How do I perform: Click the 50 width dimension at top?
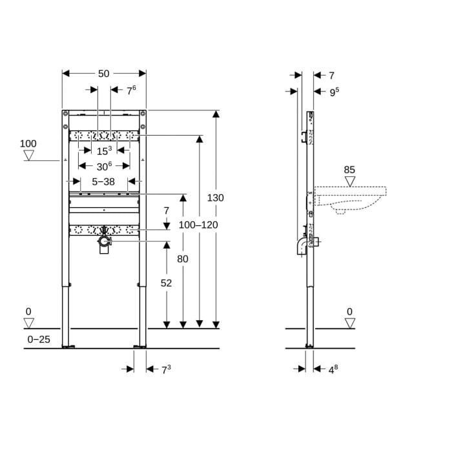click(x=103, y=74)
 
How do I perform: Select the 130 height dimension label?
click(x=216, y=198)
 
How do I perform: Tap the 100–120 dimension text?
click(x=199, y=225)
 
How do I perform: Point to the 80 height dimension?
click(x=183, y=258)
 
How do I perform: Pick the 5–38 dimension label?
click(x=103, y=182)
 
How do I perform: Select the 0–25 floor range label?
click(x=39, y=338)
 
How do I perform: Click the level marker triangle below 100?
click(x=28, y=155)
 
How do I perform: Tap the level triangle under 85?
click(x=349, y=181)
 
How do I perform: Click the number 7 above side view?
click(x=331, y=76)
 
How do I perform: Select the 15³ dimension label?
click(x=104, y=151)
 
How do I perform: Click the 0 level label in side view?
click(x=349, y=312)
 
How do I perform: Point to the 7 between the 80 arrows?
click(x=166, y=211)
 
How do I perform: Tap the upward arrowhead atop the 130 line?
click(x=216, y=114)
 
